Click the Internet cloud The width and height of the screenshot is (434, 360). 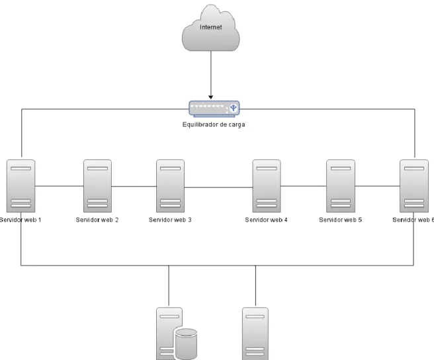[x=210, y=28]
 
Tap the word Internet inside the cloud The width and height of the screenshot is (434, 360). [x=211, y=27]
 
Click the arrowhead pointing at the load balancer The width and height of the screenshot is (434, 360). [x=211, y=97]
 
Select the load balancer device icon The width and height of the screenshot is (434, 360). [x=214, y=109]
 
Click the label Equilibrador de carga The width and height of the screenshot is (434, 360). [x=214, y=124]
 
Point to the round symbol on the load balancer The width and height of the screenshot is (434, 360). [x=234, y=108]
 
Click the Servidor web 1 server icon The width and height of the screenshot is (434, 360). [x=21, y=186]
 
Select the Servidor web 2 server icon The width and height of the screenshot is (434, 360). [x=97, y=186]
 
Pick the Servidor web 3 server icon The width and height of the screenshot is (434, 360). [x=170, y=186]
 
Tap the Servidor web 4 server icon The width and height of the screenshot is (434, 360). [x=266, y=186]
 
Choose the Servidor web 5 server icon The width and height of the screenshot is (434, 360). [x=341, y=186]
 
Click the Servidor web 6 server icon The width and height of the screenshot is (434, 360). [x=414, y=186]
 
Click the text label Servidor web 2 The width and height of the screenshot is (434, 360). [x=97, y=220]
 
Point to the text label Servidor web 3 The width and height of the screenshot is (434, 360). [x=170, y=220]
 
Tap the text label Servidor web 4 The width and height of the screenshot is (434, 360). [x=266, y=220]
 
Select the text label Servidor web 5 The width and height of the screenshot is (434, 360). [x=341, y=220]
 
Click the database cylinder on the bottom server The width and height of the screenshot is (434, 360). [x=187, y=344]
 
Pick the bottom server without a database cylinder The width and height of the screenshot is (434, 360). [x=255, y=334]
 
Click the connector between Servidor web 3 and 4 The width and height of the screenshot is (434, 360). [x=218, y=187]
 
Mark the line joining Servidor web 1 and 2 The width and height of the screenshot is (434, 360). [x=60, y=186]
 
